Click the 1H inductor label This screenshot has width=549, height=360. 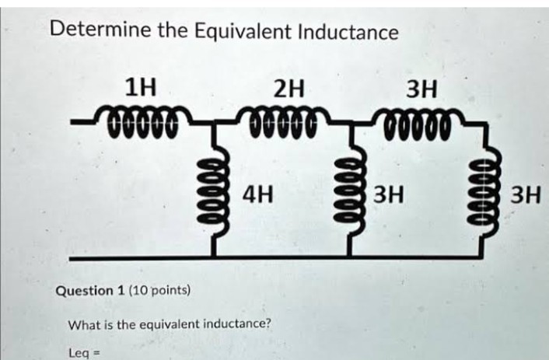pos(141,88)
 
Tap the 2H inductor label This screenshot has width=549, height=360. pos(288,89)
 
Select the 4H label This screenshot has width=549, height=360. pos(258,194)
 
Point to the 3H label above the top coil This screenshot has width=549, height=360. pos(421,89)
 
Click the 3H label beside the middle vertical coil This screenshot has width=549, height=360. pos(389,194)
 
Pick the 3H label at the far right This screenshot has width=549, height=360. pos(526,195)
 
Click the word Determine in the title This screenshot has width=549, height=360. pos(102,30)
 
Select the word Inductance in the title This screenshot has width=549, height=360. pos(348,32)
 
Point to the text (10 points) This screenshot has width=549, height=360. pos(159,290)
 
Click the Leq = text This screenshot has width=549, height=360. pos(85,353)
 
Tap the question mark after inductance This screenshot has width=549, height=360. pos(268,323)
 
